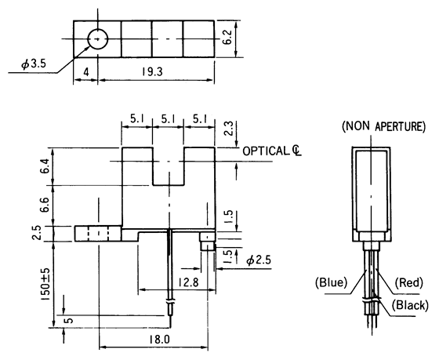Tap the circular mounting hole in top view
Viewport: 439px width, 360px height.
(97, 38)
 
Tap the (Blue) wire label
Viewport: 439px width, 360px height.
(332, 282)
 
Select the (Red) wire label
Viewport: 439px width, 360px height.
(409, 282)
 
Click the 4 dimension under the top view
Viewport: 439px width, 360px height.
(85, 71)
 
